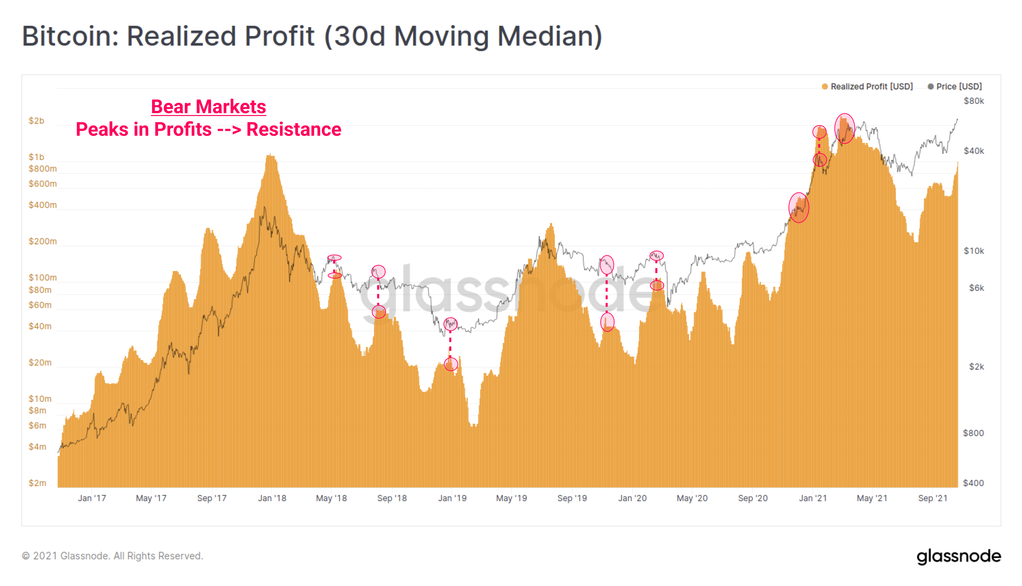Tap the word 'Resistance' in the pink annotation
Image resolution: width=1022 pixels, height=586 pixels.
pyautogui.click(x=294, y=129)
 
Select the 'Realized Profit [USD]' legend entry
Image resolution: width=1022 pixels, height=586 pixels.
pyautogui.click(x=871, y=87)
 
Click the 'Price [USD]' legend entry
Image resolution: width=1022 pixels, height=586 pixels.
pyautogui.click(x=958, y=87)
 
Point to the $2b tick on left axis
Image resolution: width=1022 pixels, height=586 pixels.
pyautogui.click(x=37, y=121)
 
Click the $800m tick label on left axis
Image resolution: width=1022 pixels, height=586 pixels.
pyautogui.click(x=42, y=169)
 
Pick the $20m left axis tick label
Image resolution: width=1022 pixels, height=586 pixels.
pyautogui.click(x=40, y=363)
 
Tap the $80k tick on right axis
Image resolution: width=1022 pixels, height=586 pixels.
pyautogui.click(x=974, y=101)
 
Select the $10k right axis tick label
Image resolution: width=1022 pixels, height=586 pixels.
pyautogui.click(x=974, y=251)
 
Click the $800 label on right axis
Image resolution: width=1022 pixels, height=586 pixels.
pyautogui.click(x=973, y=433)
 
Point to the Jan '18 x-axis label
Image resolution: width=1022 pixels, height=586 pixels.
pyautogui.click(x=272, y=498)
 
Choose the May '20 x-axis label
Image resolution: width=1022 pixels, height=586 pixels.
pyautogui.click(x=692, y=498)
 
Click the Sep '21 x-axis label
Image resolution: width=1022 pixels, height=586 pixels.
pyautogui.click(x=932, y=498)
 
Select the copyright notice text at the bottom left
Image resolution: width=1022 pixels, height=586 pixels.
pyautogui.click(x=112, y=556)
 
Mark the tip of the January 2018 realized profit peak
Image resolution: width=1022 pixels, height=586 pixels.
pyautogui.click(x=271, y=154)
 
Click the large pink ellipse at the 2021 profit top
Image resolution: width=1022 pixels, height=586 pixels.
pyautogui.click(x=844, y=129)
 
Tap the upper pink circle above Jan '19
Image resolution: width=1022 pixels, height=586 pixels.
pyautogui.click(x=451, y=324)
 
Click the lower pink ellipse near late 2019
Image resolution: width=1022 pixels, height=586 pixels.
pyautogui.click(x=607, y=322)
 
